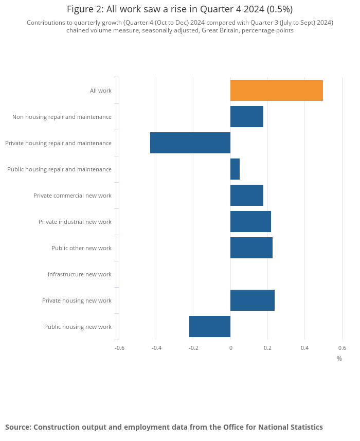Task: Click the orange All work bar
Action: pos(277,91)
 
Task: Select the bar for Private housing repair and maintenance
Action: pos(190,143)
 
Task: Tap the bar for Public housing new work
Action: pos(210,327)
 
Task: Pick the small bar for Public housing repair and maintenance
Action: pos(235,169)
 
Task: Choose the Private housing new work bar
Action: pos(253,301)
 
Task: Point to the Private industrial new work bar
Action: pos(250,222)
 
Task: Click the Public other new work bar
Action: pos(251,248)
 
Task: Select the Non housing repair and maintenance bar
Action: pos(247,117)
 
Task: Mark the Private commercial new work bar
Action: pos(247,196)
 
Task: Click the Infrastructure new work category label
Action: pos(80,274)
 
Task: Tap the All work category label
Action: pos(101,91)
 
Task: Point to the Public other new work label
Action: pos(81,248)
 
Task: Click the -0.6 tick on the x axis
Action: pos(119,348)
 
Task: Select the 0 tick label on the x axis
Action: pos(230,348)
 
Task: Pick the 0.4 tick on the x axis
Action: pos(304,348)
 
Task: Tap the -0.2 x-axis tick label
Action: pos(193,348)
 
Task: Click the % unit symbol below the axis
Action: pos(339,359)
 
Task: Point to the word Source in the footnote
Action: pos(18,427)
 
